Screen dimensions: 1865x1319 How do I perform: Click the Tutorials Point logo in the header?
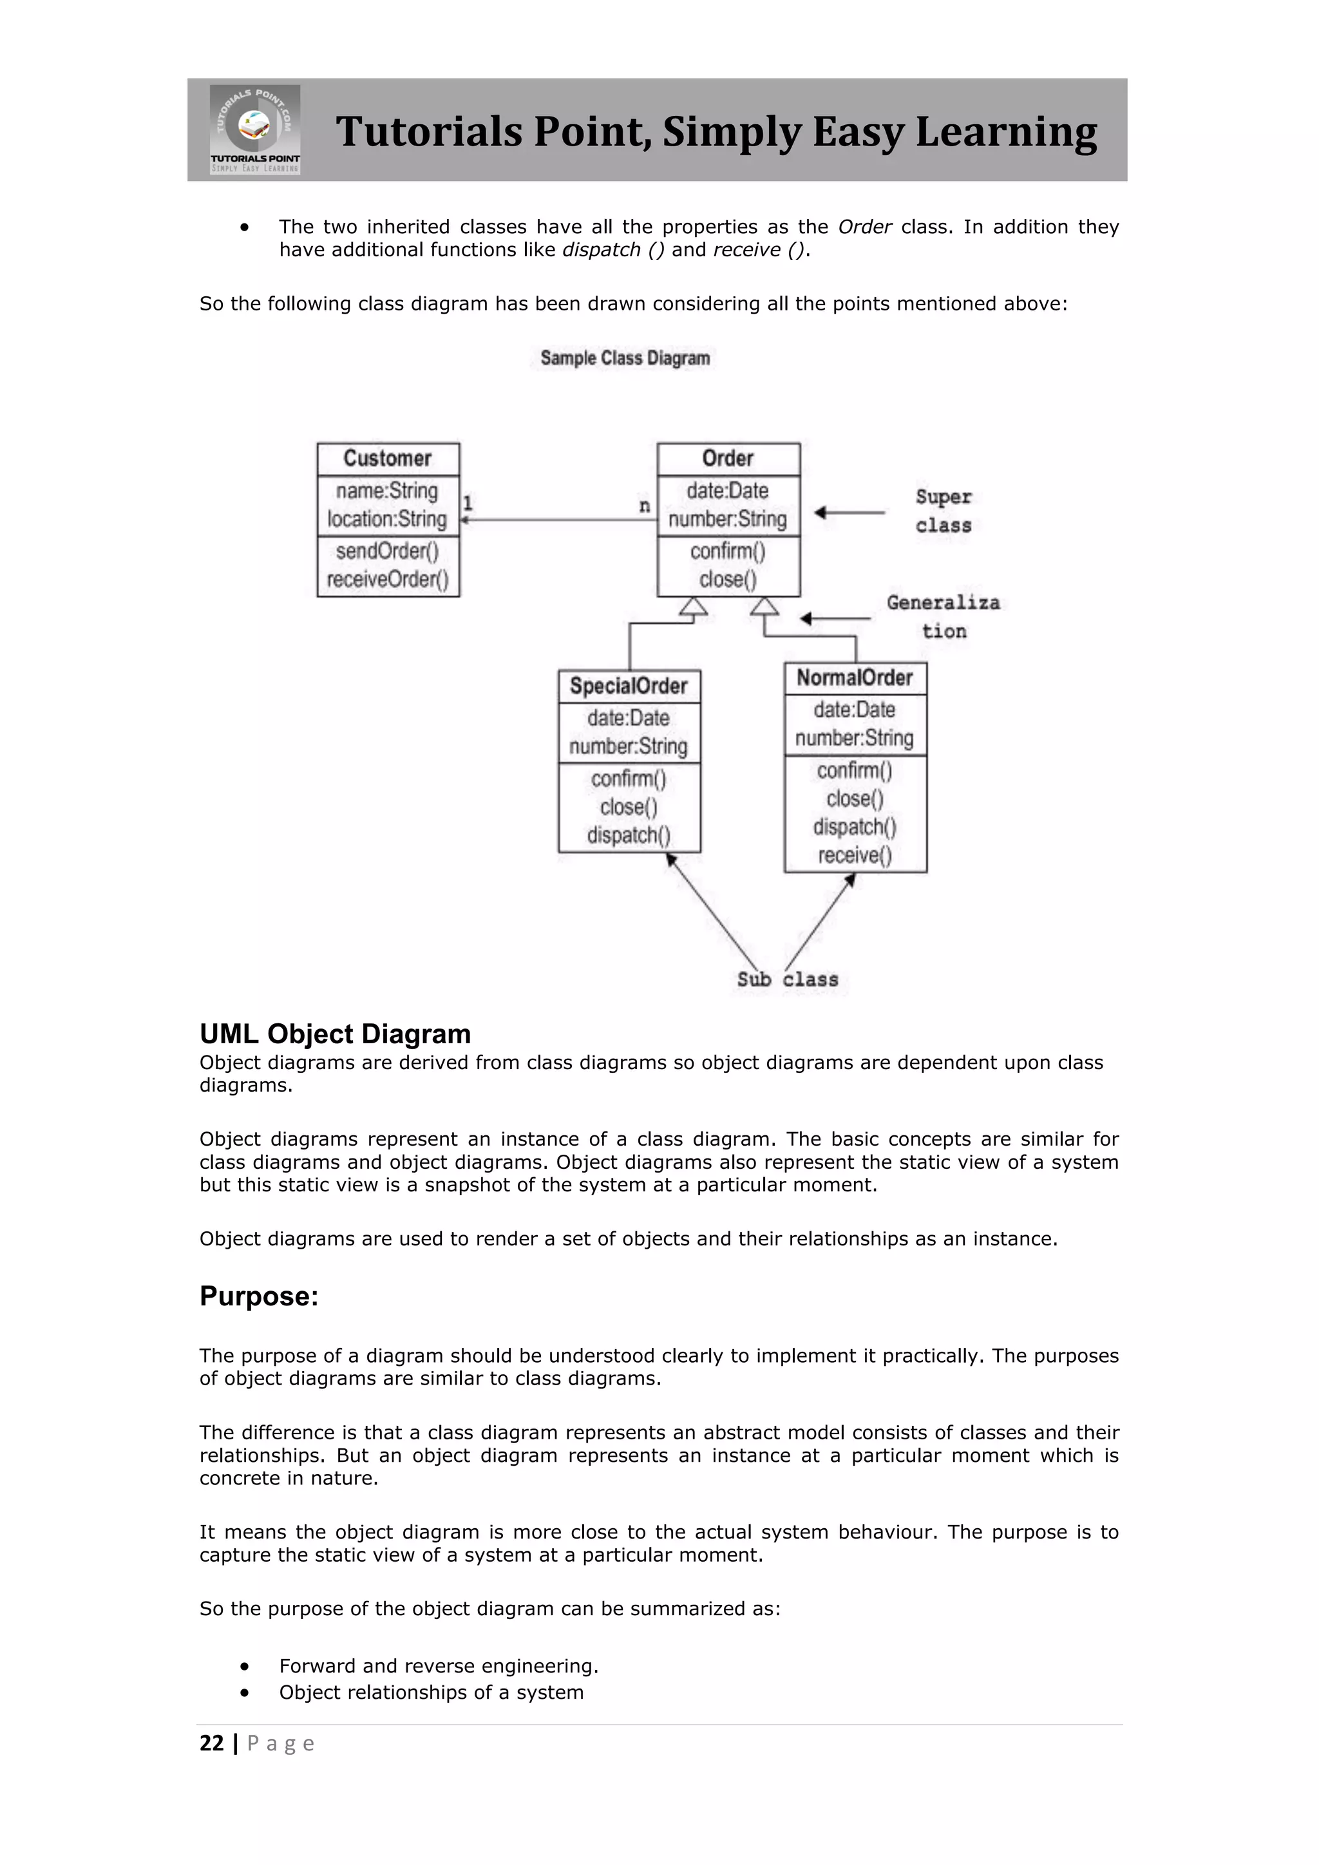pyautogui.click(x=255, y=129)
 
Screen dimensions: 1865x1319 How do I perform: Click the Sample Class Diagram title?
pyautogui.click(x=625, y=358)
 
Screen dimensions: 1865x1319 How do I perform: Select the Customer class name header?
pyautogui.click(x=388, y=458)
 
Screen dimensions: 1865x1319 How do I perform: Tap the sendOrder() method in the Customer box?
pyautogui.click(x=388, y=551)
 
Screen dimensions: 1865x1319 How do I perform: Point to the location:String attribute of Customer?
pyautogui.click(x=388, y=519)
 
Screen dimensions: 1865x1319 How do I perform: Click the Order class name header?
pyautogui.click(x=728, y=458)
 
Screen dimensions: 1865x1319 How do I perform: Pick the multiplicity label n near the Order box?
pyautogui.click(x=644, y=506)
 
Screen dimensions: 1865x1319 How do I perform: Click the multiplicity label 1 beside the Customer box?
pyautogui.click(x=468, y=504)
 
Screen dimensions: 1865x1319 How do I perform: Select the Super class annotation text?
pyautogui.click(x=943, y=511)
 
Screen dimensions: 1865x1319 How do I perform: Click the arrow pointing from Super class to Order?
pyautogui.click(x=849, y=513)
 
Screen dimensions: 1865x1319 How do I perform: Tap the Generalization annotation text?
pyautogui.click(x=943, y=616)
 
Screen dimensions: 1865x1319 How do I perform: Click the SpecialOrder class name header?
pyautogui.click(x=629, y=686)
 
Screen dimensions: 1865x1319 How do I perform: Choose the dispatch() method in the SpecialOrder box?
pyautogui.click(x=629, y=835)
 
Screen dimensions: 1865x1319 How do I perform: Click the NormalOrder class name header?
pyautogui.click(x=855, y=677)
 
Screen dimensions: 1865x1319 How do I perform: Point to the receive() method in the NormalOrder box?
pyautogui.click(x=855, y=855)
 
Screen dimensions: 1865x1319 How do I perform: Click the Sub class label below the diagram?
pyautogui.click(x=787, y=980)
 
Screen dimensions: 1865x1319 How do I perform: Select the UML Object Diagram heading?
pyautogui.click(x=335, y=1034)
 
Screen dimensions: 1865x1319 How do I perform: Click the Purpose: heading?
pyautogui.click(x=259, y=1296)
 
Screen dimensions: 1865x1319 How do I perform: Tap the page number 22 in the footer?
pyautogui.click(x=211, y=1743)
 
